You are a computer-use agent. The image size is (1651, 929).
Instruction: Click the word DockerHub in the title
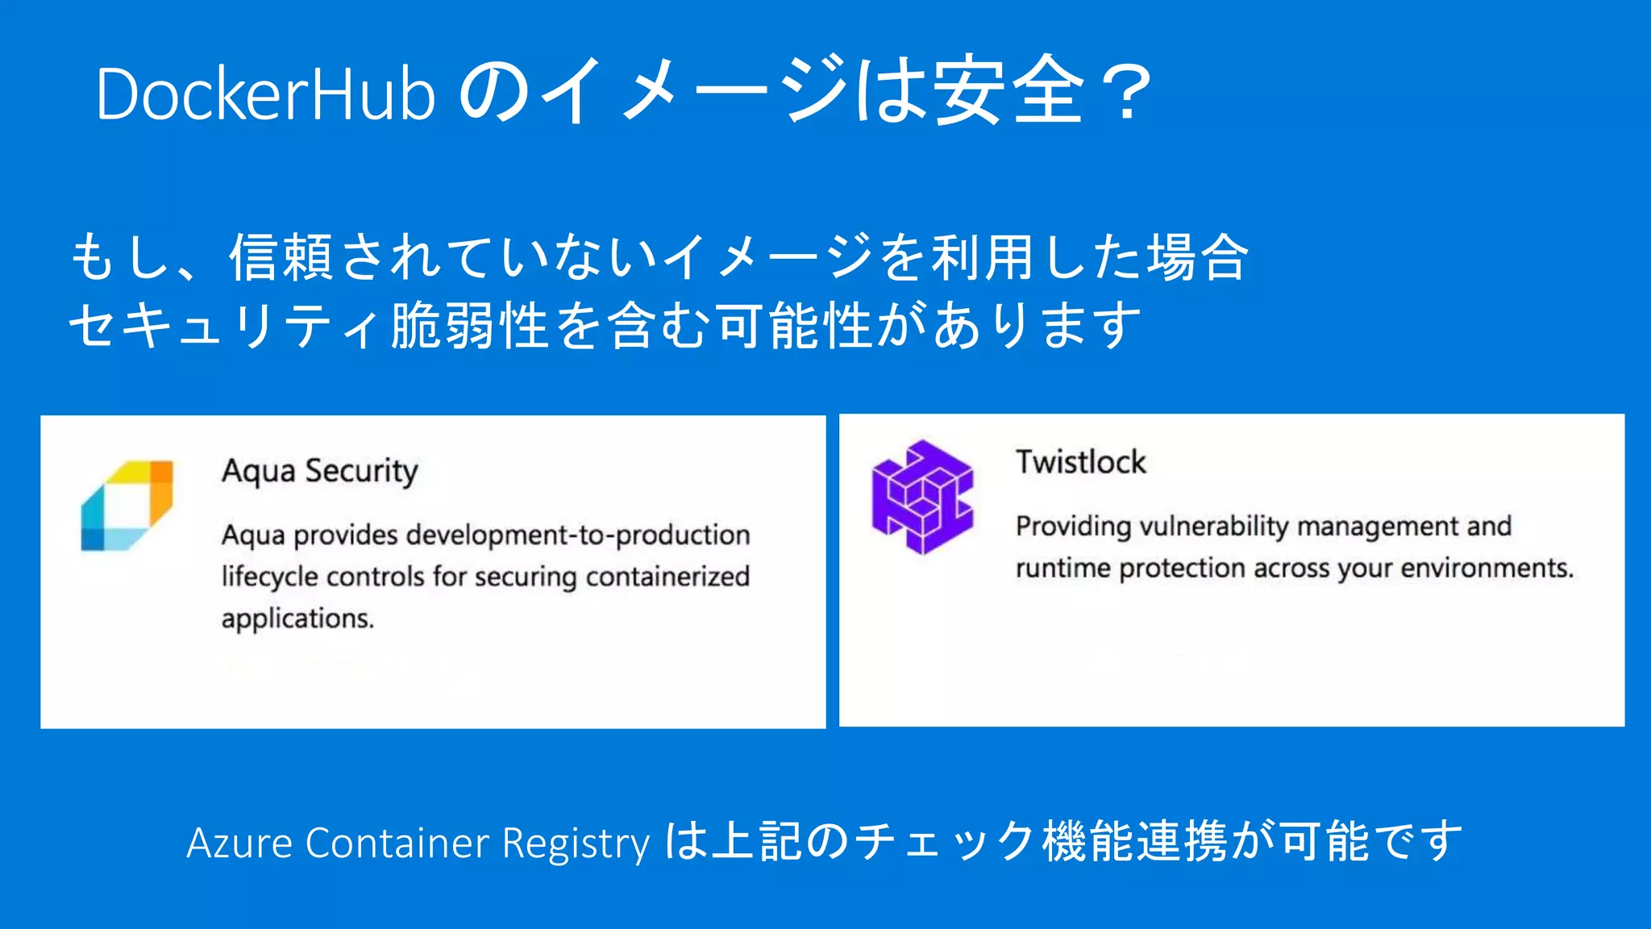[x=265, y=94]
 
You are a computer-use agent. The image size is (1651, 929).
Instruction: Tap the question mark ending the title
[x=1128, y=93]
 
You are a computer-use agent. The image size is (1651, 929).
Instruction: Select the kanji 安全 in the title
[x=1008, y=90]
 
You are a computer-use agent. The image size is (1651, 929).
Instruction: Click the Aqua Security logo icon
[x=127, y=506]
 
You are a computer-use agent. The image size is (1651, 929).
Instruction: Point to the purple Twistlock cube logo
[x=922, y=497]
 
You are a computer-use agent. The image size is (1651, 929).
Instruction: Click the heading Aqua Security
[x=320, y=471]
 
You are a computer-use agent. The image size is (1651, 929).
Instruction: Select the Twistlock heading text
[x=1080, y=462]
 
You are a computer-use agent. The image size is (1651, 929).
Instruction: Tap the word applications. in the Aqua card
[x=297, y=619]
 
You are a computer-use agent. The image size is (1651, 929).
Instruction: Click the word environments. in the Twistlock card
[x=1487, y=569]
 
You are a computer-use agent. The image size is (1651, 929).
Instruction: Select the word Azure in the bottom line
[x=239, y=844]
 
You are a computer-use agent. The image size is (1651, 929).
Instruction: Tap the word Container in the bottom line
[x=397, y=844]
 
